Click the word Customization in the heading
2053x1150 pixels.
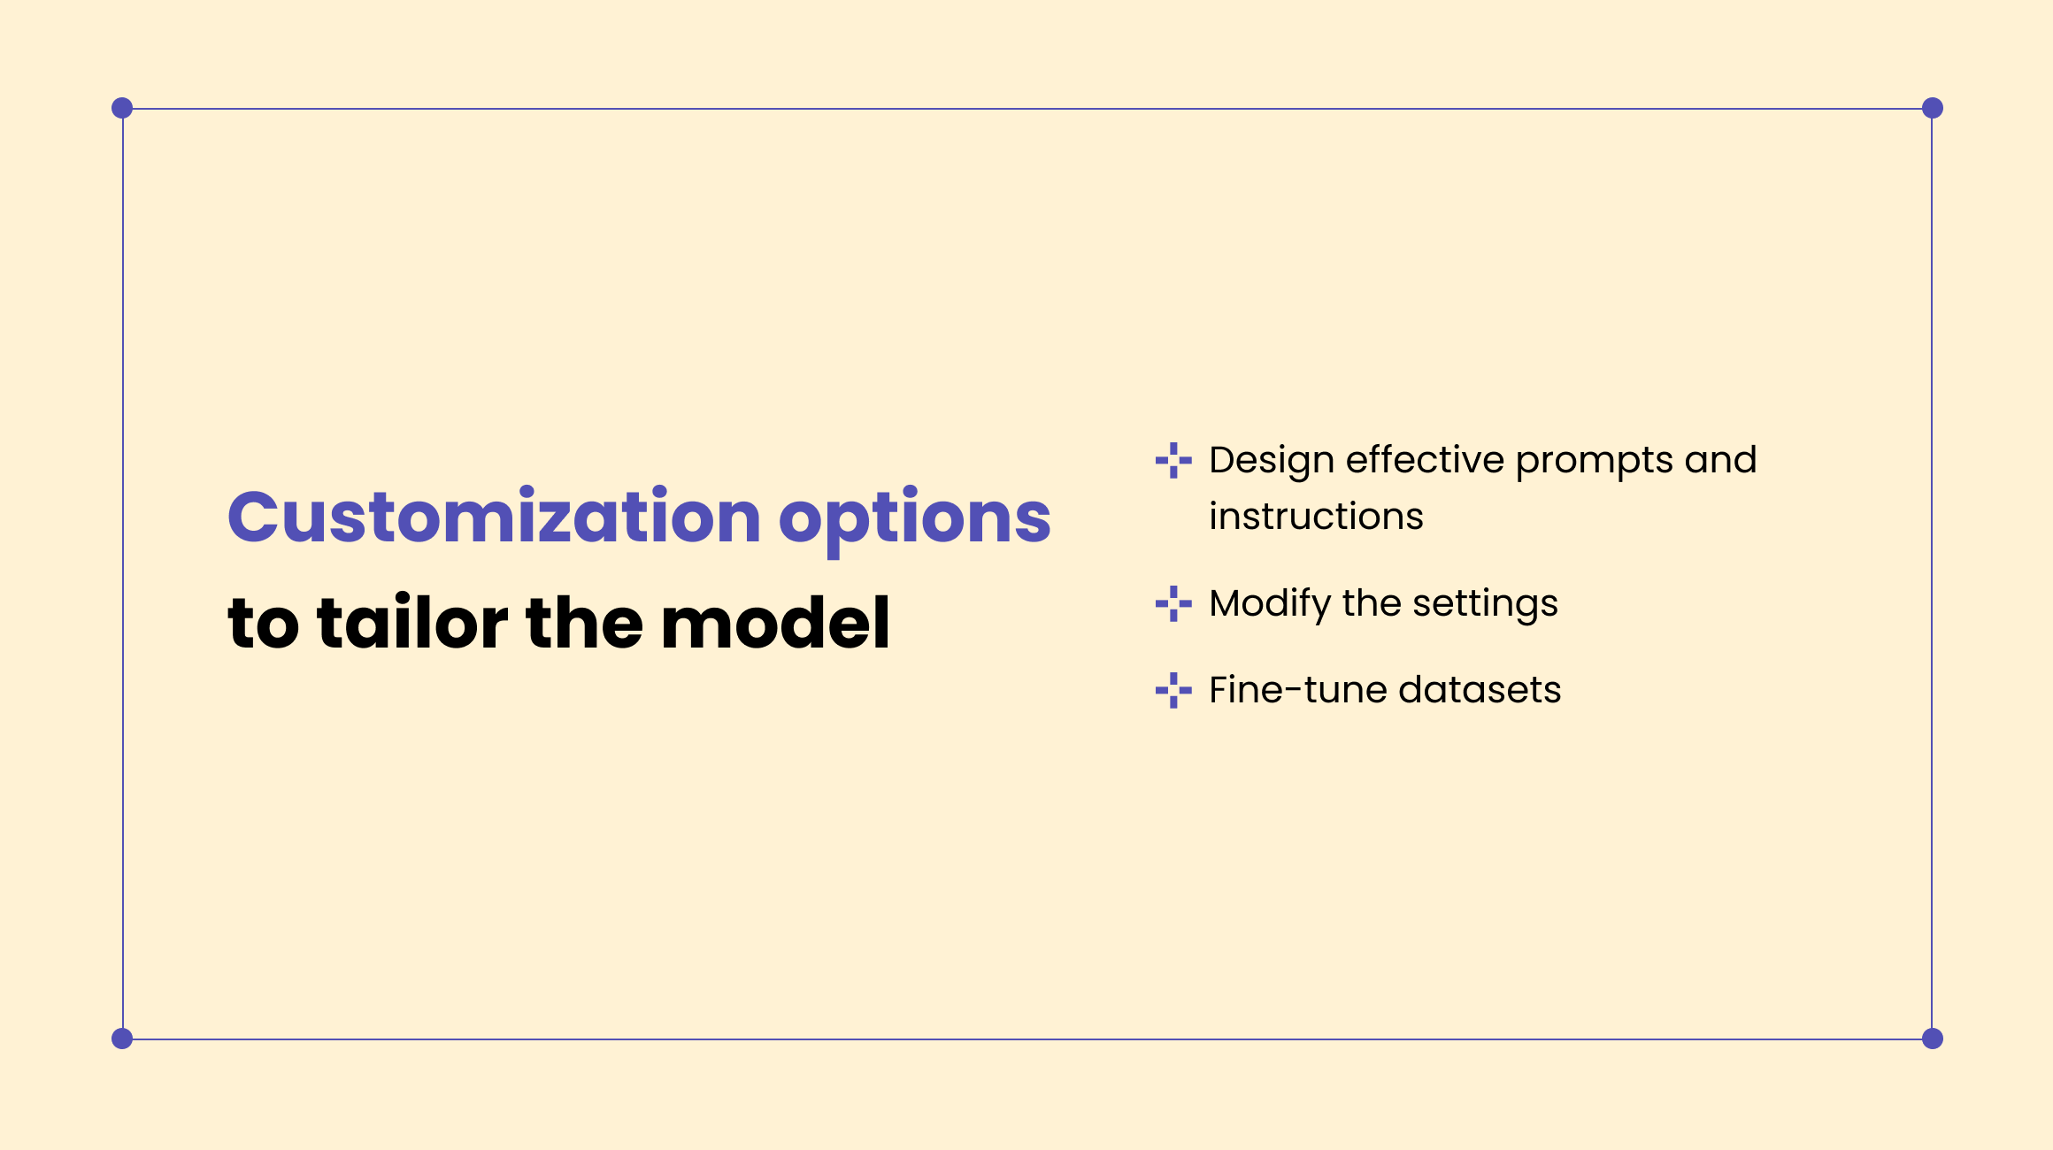(494, 517)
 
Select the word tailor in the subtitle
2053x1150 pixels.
(412, 623)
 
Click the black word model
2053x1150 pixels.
(775, 623)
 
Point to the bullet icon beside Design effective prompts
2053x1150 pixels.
(1173, 460)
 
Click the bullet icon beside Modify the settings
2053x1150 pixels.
(1173, 603)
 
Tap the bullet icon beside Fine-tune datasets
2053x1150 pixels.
(1173, 690)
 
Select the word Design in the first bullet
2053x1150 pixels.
(1272, 461)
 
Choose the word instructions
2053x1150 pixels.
(1316, 516)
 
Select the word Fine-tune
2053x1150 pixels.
(1296, 690)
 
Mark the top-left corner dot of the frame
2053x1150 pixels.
(122, 108)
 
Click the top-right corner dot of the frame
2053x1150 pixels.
(1933, 108)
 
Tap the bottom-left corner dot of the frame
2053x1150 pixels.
(122, 1039)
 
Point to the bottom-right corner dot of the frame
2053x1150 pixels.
(1933, 1039)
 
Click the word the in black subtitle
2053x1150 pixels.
(584, 623)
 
